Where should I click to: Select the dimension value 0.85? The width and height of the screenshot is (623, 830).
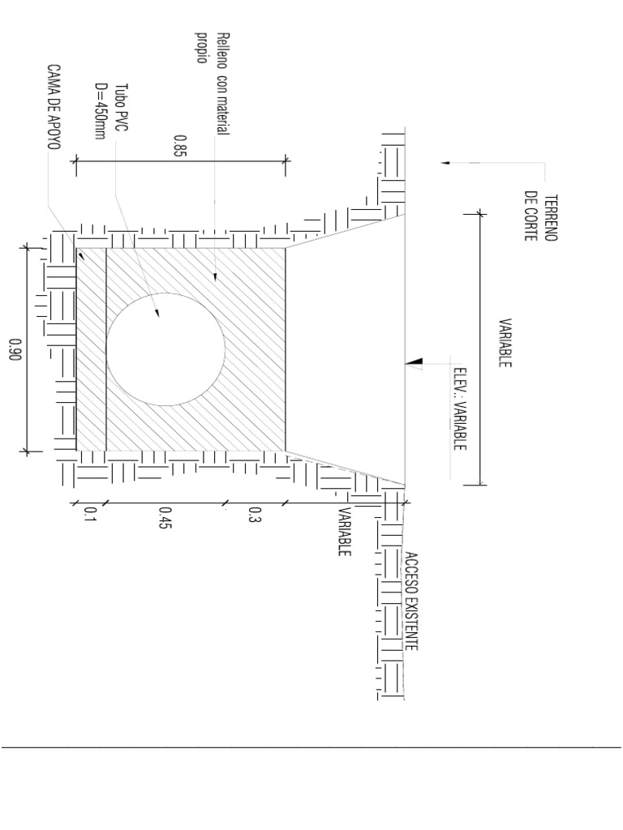coord(179,146)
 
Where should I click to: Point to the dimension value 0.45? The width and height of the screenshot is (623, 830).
coord(165,518)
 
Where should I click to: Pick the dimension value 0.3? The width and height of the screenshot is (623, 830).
coord(255,515)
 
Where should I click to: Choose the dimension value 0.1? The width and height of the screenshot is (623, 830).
coord(89,515)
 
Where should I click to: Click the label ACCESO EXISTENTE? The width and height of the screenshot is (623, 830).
coord(412,601)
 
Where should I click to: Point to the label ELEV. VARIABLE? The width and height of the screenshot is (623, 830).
coord(459,409)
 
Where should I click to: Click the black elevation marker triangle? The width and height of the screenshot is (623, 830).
coord(415,362)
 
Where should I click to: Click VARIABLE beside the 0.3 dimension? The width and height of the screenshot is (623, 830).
coord(345,532)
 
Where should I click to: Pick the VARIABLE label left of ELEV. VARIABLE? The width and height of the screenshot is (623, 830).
coord(505,343)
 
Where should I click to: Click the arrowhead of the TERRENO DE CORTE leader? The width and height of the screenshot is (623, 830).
coord(445,163)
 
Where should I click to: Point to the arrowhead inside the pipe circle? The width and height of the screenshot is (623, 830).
coord(157,312)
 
